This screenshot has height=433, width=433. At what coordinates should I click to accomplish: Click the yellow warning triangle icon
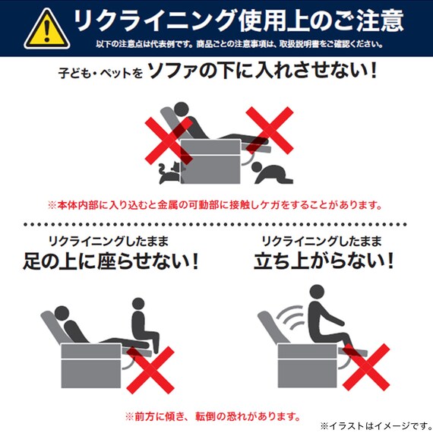click(x=45, y=29)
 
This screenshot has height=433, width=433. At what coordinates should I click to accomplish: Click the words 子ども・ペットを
click(x=100, y=75)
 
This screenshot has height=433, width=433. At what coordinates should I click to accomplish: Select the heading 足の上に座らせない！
click(x=111, y=263)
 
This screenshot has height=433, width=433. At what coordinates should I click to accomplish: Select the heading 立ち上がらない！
click(x=324, y=263)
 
